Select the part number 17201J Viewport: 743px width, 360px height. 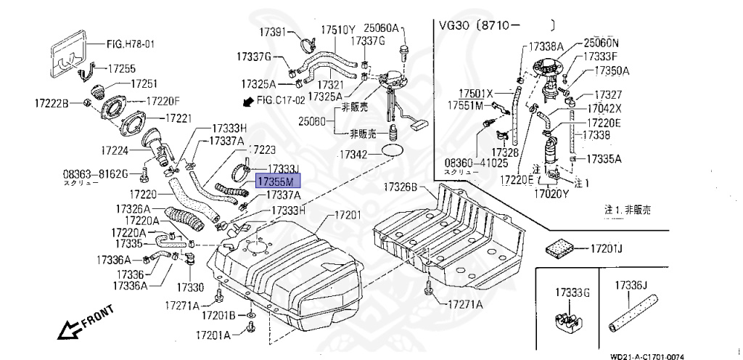[607, 248]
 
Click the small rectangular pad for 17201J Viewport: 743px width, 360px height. [560, 245]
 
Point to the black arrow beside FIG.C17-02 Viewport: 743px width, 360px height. [250, 102]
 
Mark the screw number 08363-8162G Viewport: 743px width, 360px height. [95, 174]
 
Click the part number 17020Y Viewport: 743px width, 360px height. [554, 194]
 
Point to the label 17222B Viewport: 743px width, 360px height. [50, 105]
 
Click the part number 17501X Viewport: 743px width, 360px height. [475, 93]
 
